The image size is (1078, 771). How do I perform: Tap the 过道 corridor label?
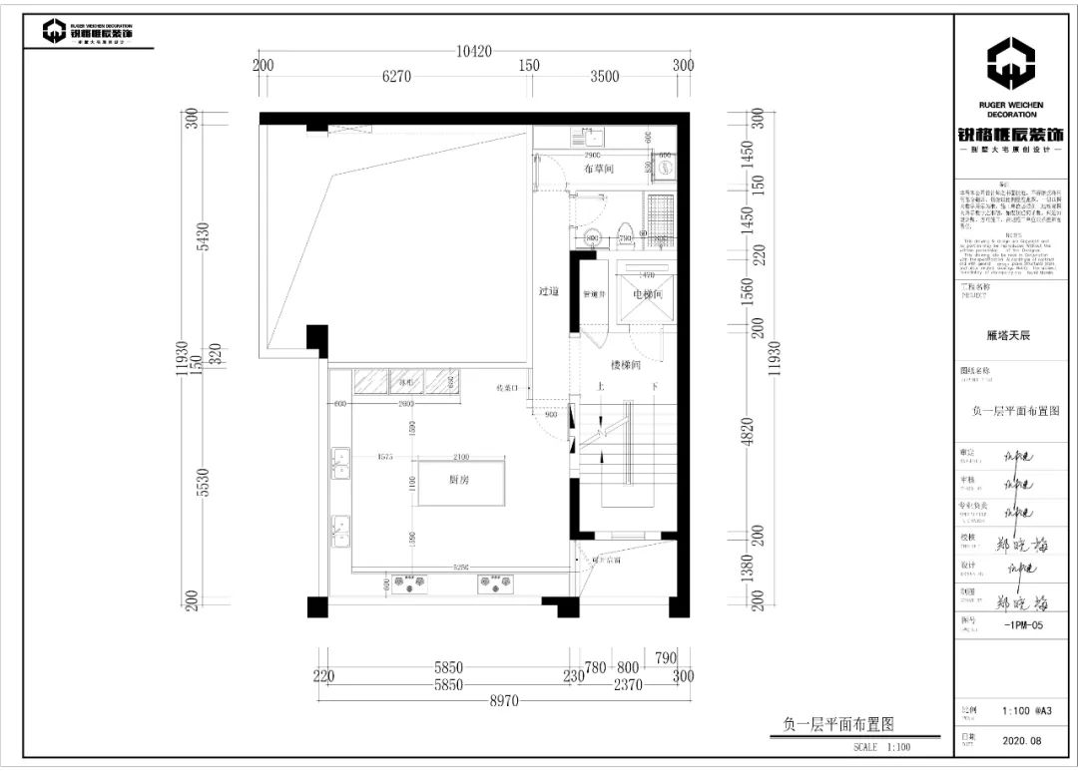tap(548, 291)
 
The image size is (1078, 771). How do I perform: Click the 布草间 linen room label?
tap(598, 169)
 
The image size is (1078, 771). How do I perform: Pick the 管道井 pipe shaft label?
tap(596, 294)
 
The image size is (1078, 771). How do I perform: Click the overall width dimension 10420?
tap(476, 52)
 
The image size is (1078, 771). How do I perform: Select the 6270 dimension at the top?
tap(396, 76)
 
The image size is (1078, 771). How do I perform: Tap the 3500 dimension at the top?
tap(604, 76)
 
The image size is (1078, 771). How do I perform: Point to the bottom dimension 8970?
tap(504, 701)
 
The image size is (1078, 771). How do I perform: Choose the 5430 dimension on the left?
tap(204, 236)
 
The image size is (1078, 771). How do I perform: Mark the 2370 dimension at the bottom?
tap(627, 685)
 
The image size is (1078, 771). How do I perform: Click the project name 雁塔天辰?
tap(1008, 335)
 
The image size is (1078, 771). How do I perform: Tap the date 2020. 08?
tap(1021, 741)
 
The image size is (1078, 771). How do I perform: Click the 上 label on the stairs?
tap(600, 387)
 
